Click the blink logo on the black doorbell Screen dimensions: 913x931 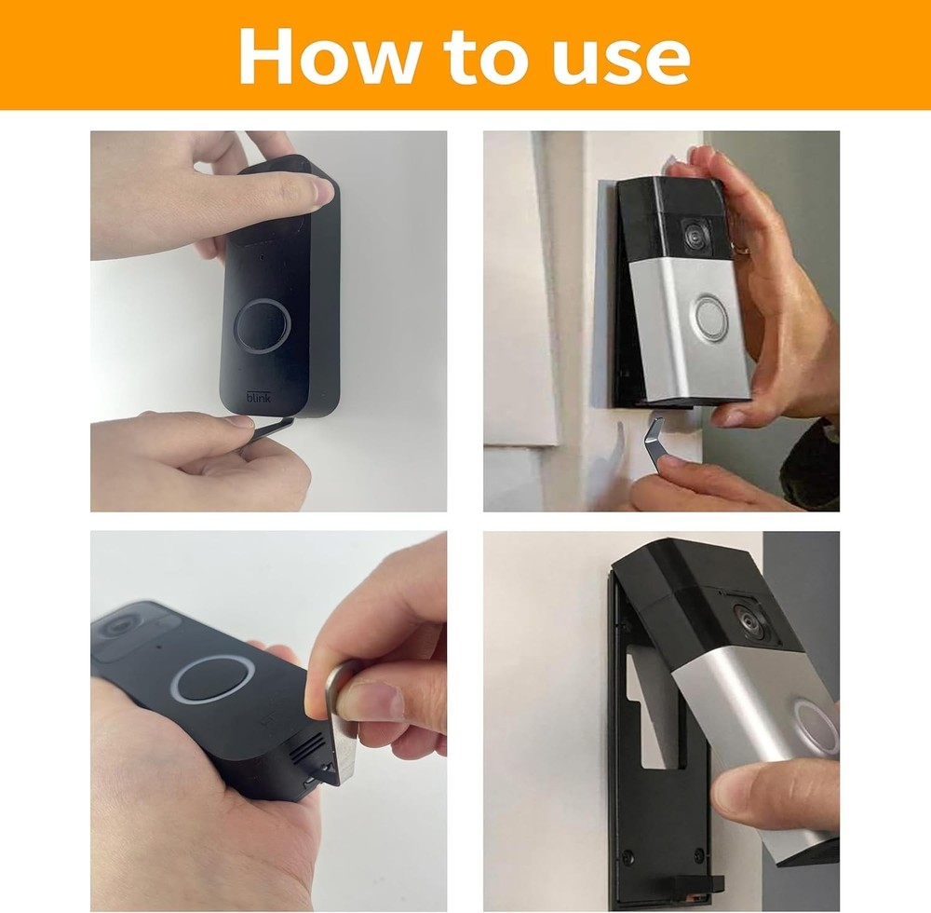click(x=261, y=397)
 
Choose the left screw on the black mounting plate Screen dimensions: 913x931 click(x=629, y=855)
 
